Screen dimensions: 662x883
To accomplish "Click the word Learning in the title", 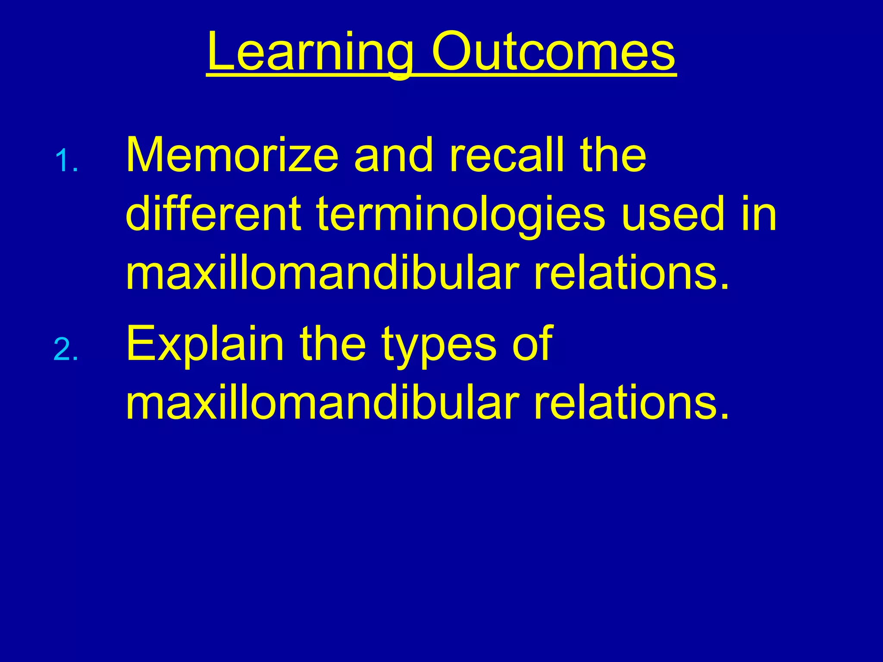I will [310, 53].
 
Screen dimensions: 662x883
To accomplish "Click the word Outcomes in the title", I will [554, 53].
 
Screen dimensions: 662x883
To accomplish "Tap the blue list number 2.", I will [66, 350].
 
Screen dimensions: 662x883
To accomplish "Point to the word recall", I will [507, 155].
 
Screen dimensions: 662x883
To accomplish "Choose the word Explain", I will [205, 345].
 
